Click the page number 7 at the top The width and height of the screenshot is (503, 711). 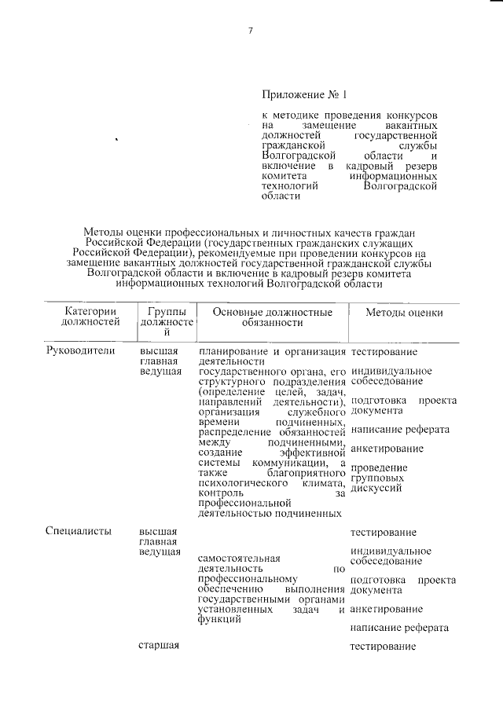(x=251, y=31)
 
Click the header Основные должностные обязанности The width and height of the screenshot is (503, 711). (x=272, y=317)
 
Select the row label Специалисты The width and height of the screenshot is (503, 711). (x=79, y=533)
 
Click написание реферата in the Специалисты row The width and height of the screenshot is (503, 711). (x=400, y=629)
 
